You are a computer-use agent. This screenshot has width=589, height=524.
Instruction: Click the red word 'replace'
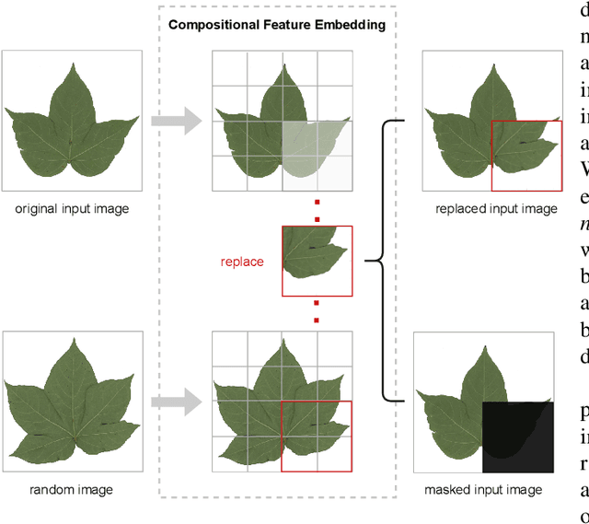click(x=241, y=262)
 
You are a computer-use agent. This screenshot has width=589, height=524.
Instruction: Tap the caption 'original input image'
click(x=72, y=208)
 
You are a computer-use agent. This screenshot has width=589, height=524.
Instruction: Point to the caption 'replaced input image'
click(x=496, y=208)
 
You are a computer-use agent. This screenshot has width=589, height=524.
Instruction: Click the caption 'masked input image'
click(x=483, y=489)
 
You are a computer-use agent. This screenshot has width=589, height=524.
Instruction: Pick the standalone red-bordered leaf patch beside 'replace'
click(x=317, y=261)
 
